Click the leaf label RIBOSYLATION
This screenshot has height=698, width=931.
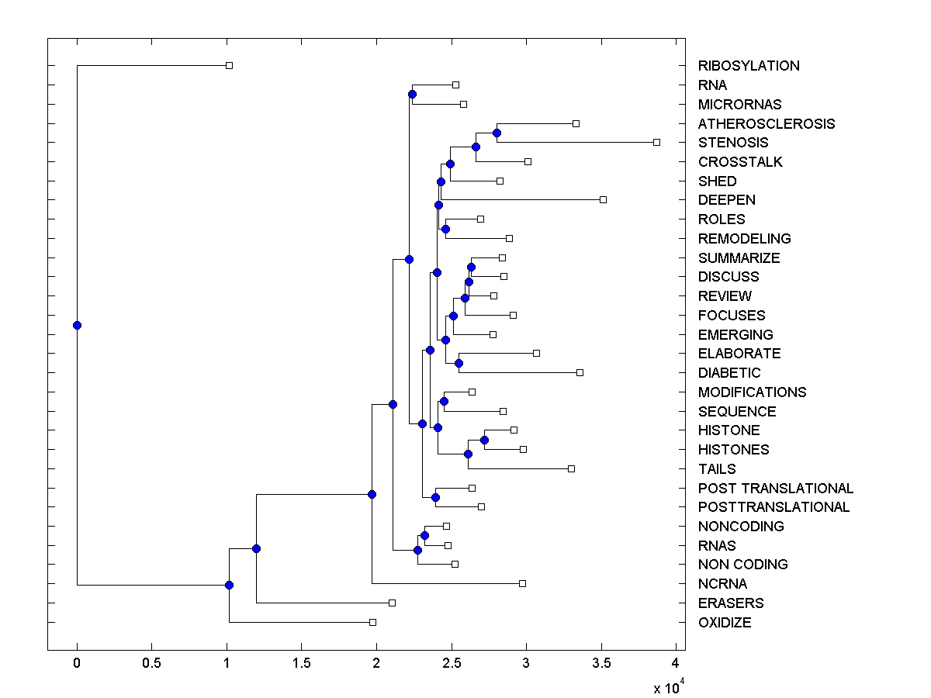[749, 66]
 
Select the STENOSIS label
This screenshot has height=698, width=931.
[733, 143]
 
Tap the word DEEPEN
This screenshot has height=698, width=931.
[726, 200]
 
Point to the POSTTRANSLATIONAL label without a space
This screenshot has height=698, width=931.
[774, 507]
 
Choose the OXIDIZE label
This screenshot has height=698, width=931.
[725, 623]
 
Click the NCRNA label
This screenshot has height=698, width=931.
[722, 584]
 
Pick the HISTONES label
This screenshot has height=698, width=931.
[733, 450]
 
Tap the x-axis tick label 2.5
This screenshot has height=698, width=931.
[451, 664]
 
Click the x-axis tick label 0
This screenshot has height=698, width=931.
[77, 664]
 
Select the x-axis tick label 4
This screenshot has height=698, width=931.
[675, 664]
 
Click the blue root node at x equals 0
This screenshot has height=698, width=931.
[77, 325]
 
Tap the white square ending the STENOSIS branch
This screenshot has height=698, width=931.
[656, 142]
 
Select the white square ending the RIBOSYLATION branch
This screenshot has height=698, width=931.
[229, 65]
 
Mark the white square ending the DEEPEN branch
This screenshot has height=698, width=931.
[603, 199]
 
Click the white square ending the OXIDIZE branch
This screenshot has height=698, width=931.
[372, 622]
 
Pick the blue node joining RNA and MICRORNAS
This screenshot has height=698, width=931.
[412, 94]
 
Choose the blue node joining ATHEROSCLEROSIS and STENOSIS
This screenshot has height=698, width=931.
[497, 133]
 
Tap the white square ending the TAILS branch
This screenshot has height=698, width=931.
[571, 468]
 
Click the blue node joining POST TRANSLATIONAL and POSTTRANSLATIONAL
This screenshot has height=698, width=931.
[436, 497]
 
